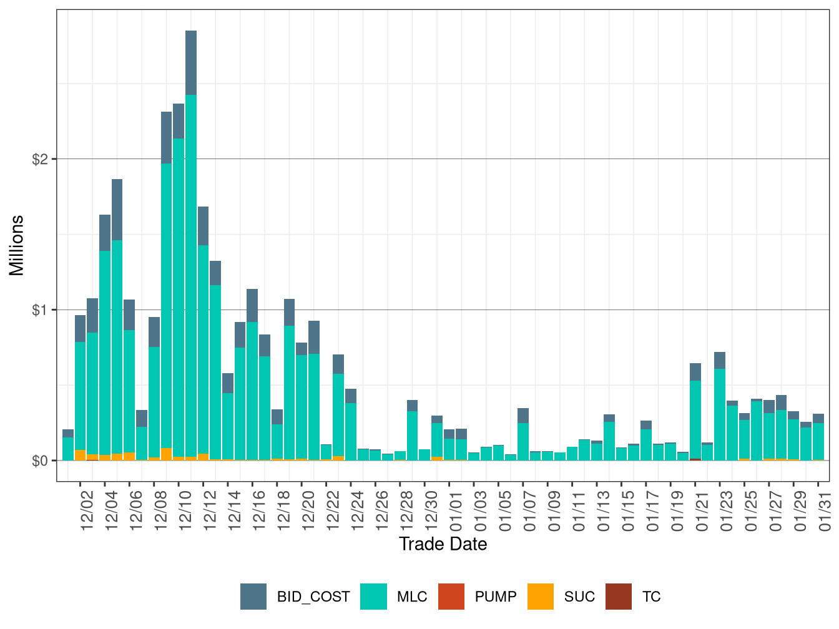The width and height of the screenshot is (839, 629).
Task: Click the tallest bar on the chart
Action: (191, 250)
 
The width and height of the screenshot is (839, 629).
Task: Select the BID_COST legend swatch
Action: (253, 597)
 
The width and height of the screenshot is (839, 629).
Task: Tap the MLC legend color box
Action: (373, 597)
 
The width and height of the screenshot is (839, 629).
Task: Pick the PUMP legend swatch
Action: (451, 597)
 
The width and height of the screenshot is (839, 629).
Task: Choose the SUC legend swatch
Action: (541, 597)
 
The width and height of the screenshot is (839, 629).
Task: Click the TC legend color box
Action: (619, 597)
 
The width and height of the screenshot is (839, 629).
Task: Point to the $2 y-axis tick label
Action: (40, 159)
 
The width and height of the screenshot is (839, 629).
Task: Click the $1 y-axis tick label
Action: (40, 310)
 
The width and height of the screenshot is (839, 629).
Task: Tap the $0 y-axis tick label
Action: (40, 461)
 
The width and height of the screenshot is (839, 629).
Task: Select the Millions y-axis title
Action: (16, 245)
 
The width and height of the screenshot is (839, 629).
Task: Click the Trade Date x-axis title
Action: (443, 544)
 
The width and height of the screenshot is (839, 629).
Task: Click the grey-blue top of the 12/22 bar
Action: (338, 364)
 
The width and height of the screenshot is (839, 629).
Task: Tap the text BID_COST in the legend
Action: (313, 597)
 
